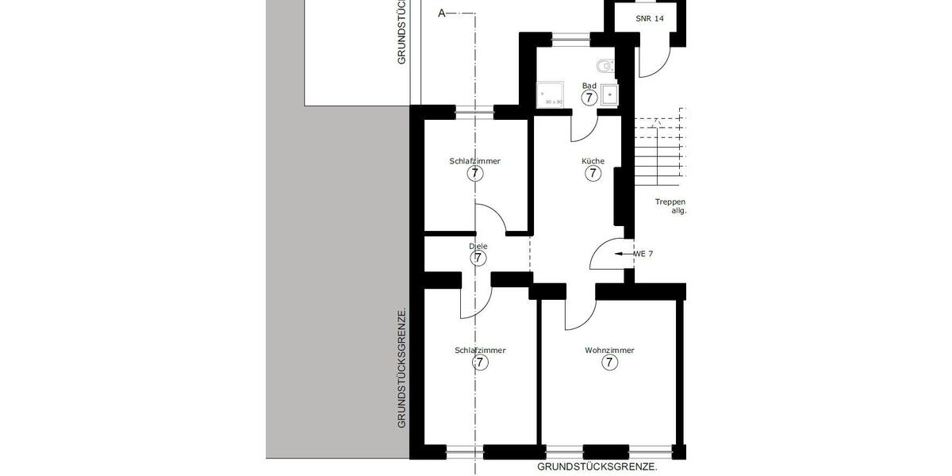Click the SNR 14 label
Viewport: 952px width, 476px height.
[649, 18]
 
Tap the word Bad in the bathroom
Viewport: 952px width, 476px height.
[589, 86]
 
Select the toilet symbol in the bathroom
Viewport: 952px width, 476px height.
[605, 65]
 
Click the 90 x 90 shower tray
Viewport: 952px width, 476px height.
[551, 94]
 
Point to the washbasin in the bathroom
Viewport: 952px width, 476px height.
[609, 94]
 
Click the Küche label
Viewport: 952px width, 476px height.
[593, 161]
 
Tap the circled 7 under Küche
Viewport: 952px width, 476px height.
[593, 175]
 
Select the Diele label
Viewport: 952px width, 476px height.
[478, 246]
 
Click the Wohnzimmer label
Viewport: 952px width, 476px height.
[609, 350]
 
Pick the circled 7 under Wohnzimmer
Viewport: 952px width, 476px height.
[609, 363]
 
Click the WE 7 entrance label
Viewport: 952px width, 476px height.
[643, 254]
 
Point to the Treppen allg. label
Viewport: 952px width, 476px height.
[670, 206]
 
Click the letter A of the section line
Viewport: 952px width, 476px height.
[442, 13]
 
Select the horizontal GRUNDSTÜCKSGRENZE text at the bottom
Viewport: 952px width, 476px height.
[597, 467]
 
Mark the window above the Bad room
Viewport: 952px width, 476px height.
[570, 36]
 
